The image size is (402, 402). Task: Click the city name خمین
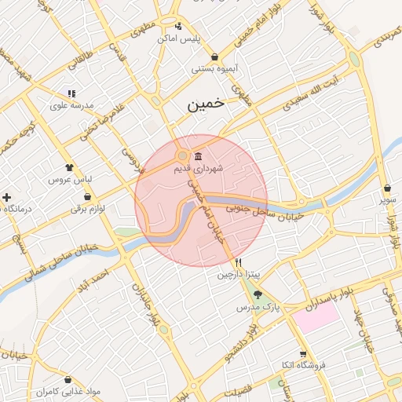tap(206, 104)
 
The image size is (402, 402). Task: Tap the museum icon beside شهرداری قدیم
tap(196, 155)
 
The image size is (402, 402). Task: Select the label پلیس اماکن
tap(179, 38)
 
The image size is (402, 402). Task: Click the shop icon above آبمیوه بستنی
tap(215, 57)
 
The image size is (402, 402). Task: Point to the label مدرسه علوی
tap(71, 105)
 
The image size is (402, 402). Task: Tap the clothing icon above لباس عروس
tap(69, 167)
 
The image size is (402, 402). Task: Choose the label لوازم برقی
tap(87, 209)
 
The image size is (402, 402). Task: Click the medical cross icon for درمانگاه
tap(7, 196)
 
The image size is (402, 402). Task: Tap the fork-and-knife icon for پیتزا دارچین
tap(238, 262)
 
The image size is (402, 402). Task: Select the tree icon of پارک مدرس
tap(258, 294)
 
